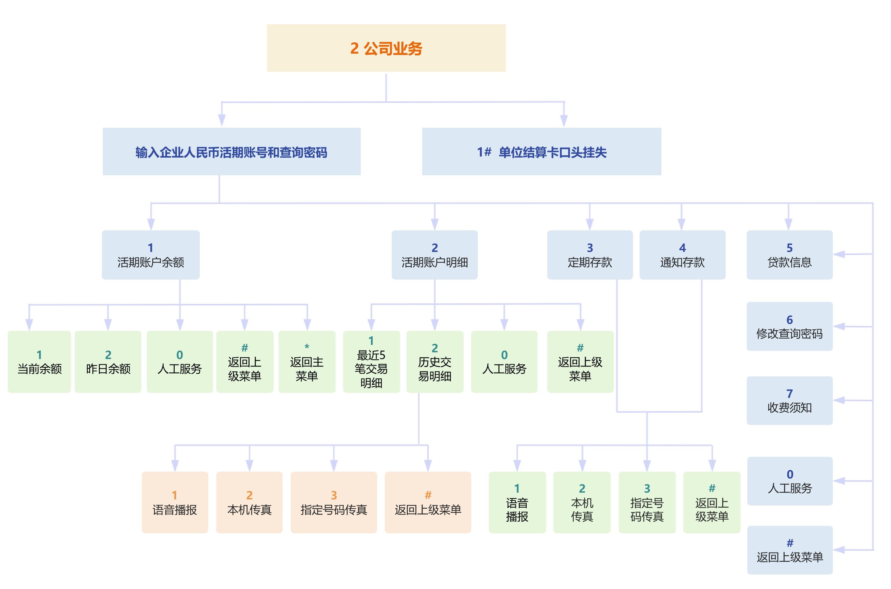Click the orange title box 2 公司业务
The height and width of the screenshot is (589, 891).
(386, 48)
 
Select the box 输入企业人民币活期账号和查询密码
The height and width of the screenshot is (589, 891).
(231, 152)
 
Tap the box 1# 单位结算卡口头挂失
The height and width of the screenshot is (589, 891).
(541, 152)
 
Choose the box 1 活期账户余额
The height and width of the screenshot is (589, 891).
(151, 255)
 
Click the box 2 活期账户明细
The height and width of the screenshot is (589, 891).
(434, 255)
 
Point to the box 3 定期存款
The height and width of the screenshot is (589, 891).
(590, 255)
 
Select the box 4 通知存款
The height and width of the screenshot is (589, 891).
(682, 255)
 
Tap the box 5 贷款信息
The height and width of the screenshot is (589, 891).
(789, 255)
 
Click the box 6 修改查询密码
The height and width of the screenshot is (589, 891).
(789, 326)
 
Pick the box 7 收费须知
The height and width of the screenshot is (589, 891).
(789, 400)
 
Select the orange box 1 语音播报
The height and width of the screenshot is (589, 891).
(175, 502)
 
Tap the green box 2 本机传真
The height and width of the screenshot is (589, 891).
(582, 502)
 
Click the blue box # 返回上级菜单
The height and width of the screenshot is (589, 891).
(790, 550)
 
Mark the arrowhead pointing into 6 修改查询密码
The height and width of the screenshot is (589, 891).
(839, 327)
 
